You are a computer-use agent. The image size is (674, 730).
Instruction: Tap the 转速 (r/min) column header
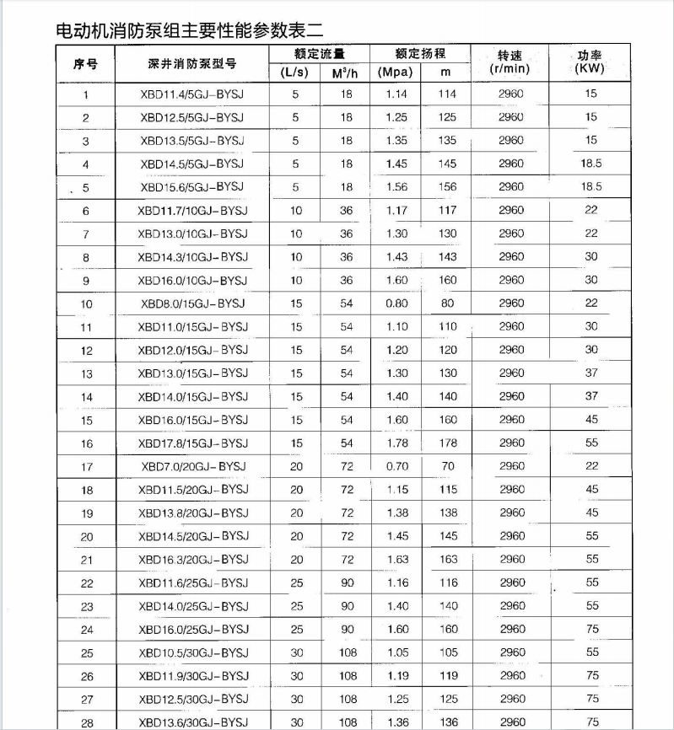[510, 62]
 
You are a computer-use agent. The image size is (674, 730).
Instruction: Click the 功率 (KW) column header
[591, 62]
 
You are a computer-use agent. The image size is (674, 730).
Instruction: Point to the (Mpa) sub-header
[395, 72]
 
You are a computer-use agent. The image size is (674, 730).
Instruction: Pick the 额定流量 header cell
[319, 53]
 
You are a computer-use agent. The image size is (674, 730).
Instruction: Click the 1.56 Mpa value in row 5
[396, 187]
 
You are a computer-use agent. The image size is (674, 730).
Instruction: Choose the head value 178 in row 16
[448, 443]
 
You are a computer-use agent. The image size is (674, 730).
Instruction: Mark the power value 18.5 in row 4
[591, 164]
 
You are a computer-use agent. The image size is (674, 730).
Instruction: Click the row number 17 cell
[87, 466]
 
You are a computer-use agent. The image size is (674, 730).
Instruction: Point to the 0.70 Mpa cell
[396, 466]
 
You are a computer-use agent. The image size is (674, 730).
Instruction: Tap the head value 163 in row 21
[448, 560]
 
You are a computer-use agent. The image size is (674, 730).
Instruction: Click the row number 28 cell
[87, 722]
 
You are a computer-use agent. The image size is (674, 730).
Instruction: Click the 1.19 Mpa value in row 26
[396, 676]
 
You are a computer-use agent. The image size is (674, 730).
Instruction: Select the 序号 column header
[86, 63]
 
